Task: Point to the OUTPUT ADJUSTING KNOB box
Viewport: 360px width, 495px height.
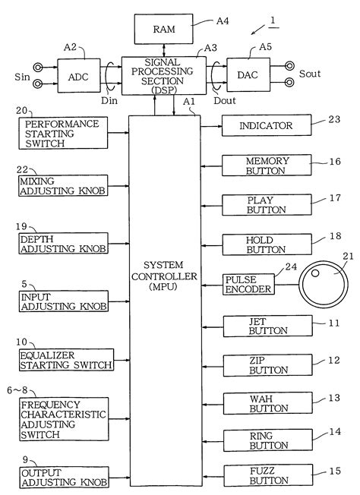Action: pos(64,477)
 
